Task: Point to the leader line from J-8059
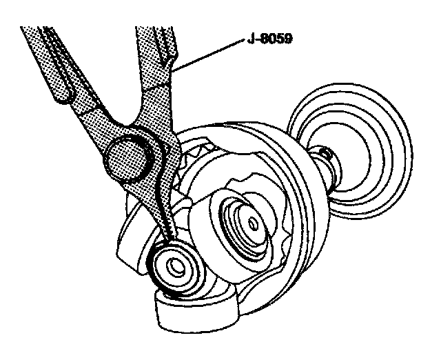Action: tap(207, 55)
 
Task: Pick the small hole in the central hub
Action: tap(254, 223)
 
